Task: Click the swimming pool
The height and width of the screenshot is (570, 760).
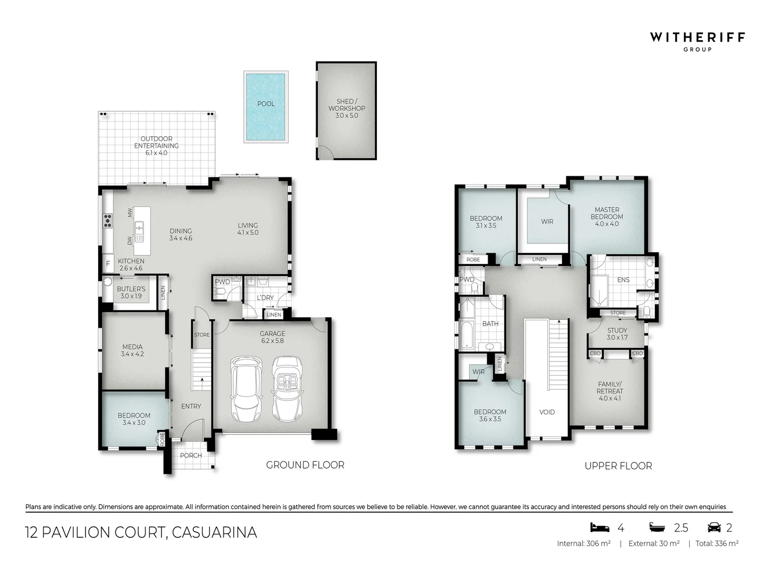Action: tap(266, 107)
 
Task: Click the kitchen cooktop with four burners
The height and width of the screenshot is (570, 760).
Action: tap(108, 220)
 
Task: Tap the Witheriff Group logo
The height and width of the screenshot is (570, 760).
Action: tap(697, 41)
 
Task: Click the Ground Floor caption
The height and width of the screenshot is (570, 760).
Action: tap(305, 465)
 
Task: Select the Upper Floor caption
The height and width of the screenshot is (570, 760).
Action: tap(618, 466)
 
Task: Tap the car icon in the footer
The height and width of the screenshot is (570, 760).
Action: tap(714, 527)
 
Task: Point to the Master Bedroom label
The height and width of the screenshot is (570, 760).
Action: tap(607, 213)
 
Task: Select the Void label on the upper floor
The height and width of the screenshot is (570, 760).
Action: tap(547, 412)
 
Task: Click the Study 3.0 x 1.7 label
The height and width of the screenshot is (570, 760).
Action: tap(617, 334)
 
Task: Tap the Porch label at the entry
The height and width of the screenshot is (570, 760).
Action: tap(191, 455)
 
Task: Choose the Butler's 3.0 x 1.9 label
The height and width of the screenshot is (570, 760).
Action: tap(131, 292)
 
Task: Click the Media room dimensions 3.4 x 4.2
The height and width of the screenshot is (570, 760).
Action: tap(132, 354)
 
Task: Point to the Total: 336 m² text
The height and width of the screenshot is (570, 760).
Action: tap(717, 544)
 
